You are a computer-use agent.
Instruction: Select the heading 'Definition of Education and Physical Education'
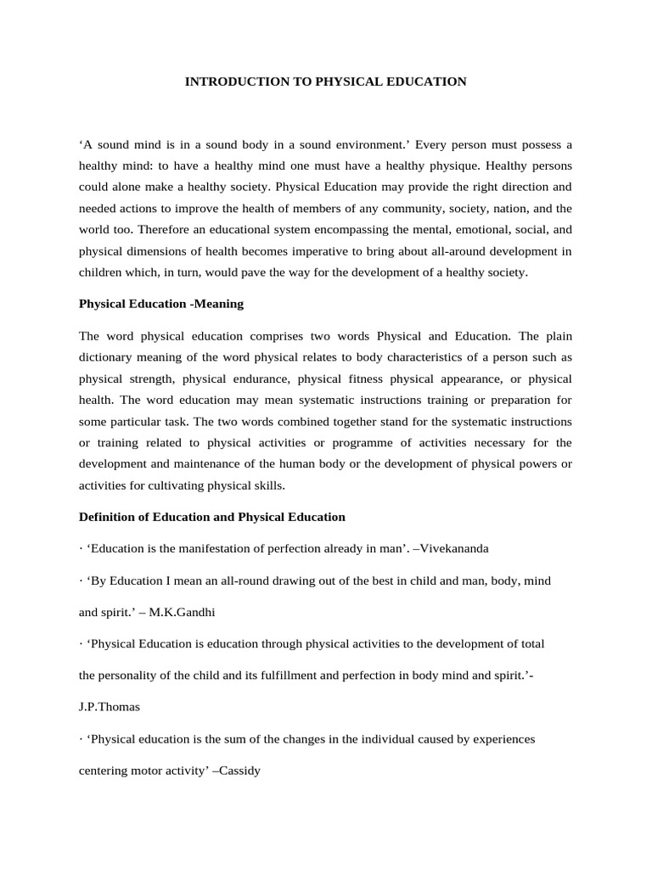pos(211,516)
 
